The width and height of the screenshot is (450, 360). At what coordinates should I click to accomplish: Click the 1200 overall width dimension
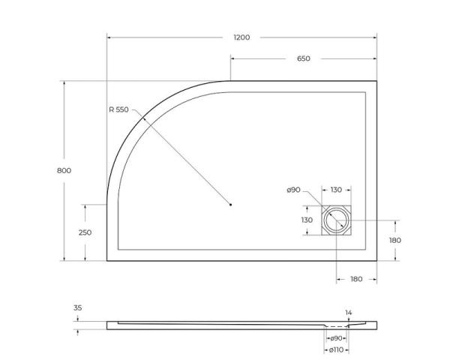[x=241, y=37]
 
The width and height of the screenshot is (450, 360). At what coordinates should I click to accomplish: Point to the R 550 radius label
[x=120, y=109]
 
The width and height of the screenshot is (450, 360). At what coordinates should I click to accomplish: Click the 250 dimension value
[x=85, y=232]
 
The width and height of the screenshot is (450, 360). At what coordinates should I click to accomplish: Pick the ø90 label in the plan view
[x=293, y=190]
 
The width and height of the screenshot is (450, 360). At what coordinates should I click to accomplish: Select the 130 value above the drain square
[x=336, y=190]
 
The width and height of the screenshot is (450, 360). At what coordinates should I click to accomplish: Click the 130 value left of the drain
[x=307, y=220]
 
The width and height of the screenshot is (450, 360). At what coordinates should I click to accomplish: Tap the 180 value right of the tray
[x=396, y=240]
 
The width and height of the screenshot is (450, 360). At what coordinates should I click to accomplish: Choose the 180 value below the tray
[x=356, y=279]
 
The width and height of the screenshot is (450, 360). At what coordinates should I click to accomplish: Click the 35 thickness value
[x=78, y=308]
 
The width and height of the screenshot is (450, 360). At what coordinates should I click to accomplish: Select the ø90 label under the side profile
[x=336, y=340]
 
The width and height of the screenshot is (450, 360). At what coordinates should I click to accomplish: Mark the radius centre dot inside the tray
[x=231, y=204]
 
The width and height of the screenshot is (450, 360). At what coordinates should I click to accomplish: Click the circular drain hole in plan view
[x=336, y=221]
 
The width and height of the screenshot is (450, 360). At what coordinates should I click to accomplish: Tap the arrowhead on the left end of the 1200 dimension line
[x=109, y=37]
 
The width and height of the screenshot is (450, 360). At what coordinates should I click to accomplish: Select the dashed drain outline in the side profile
[x=336, y=328]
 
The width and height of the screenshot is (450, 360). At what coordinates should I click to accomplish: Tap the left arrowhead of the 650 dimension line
[x=232, y=59]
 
